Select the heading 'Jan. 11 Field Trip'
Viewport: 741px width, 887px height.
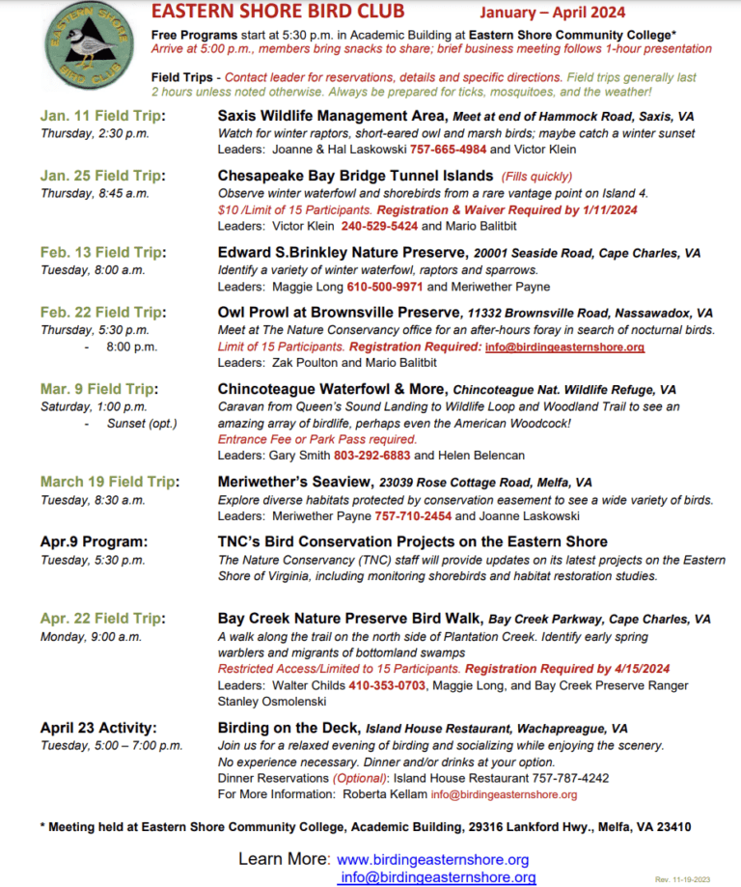(x=102, y=116)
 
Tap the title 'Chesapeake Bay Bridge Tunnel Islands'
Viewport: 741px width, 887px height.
(x=354, y=177)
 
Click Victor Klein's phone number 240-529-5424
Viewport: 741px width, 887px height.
(x=379, y=225)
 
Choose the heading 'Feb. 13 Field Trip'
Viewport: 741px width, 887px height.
(x=102, y=252)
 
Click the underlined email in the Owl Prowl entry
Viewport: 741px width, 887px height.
(x=564, y=346)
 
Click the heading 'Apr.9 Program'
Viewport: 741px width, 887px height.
(x=95, y=541)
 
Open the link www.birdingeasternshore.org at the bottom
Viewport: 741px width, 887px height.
(x=432, y=859)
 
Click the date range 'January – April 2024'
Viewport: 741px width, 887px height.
(x=553, y=13)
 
